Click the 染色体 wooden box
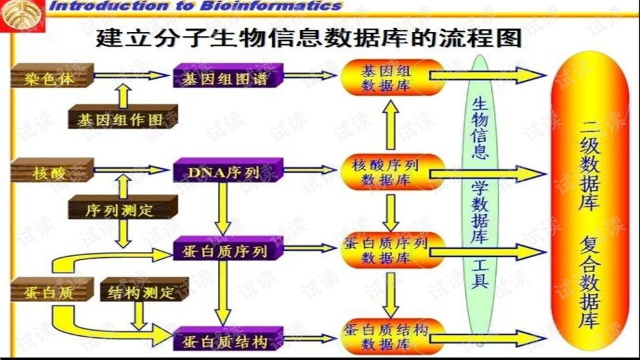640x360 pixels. click(51, 77)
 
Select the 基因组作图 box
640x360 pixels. click(122, 120)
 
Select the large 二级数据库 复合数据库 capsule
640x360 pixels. click(589, 200)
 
